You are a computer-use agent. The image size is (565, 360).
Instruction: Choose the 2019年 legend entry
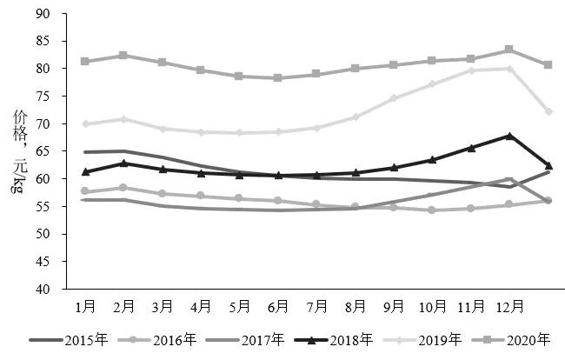point(439,339)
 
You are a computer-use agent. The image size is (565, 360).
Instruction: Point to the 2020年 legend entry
point(527,339)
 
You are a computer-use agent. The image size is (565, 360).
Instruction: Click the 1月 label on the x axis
point(84,306)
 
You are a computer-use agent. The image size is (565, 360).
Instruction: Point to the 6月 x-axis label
point(277,306)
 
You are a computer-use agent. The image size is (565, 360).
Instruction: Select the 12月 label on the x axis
point(509,306)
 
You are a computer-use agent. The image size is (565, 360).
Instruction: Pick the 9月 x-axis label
point(394,306)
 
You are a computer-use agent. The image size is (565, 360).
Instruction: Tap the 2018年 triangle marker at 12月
point(509,136)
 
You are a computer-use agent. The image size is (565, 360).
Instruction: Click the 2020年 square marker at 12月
point(509,50)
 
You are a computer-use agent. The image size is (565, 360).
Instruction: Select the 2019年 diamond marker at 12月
point(509,69)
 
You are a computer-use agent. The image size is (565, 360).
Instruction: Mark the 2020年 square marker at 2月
point(123,56)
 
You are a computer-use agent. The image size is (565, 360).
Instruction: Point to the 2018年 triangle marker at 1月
point(84,172)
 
